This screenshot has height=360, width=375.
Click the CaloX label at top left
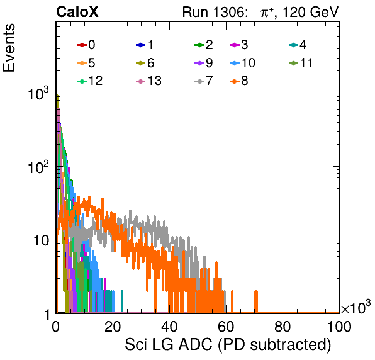[x=77, y=12]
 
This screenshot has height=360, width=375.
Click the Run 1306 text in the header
[x=214, y=12]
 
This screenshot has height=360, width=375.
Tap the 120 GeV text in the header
[x=311, y=12]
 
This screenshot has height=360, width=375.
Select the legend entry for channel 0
[x=86, y=45]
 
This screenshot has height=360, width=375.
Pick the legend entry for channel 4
[x=298, y=45]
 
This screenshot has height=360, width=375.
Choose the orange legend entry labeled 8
[x=238, y=81]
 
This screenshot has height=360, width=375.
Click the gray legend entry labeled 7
[x=204, y=81]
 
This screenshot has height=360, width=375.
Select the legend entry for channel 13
[x=148, y=81]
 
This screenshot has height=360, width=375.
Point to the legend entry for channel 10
[x=242, y=63]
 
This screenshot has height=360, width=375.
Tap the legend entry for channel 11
[x=301, y=63]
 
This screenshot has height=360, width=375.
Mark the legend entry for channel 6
[x=145, y=63]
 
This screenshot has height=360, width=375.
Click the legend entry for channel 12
[x=90, y=81]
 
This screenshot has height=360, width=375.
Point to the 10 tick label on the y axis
[x=41, y=240]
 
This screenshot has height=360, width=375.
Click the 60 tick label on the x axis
[x=226, y=327]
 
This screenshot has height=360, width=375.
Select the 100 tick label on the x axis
[x=339, y=327]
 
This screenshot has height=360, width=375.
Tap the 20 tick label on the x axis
[x=113, y=327]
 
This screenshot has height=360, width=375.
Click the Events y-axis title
[x=9, y=48]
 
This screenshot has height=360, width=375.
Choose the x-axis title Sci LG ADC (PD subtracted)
[x=228, y=345]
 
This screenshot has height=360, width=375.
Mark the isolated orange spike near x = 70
[x=256, y=301]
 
